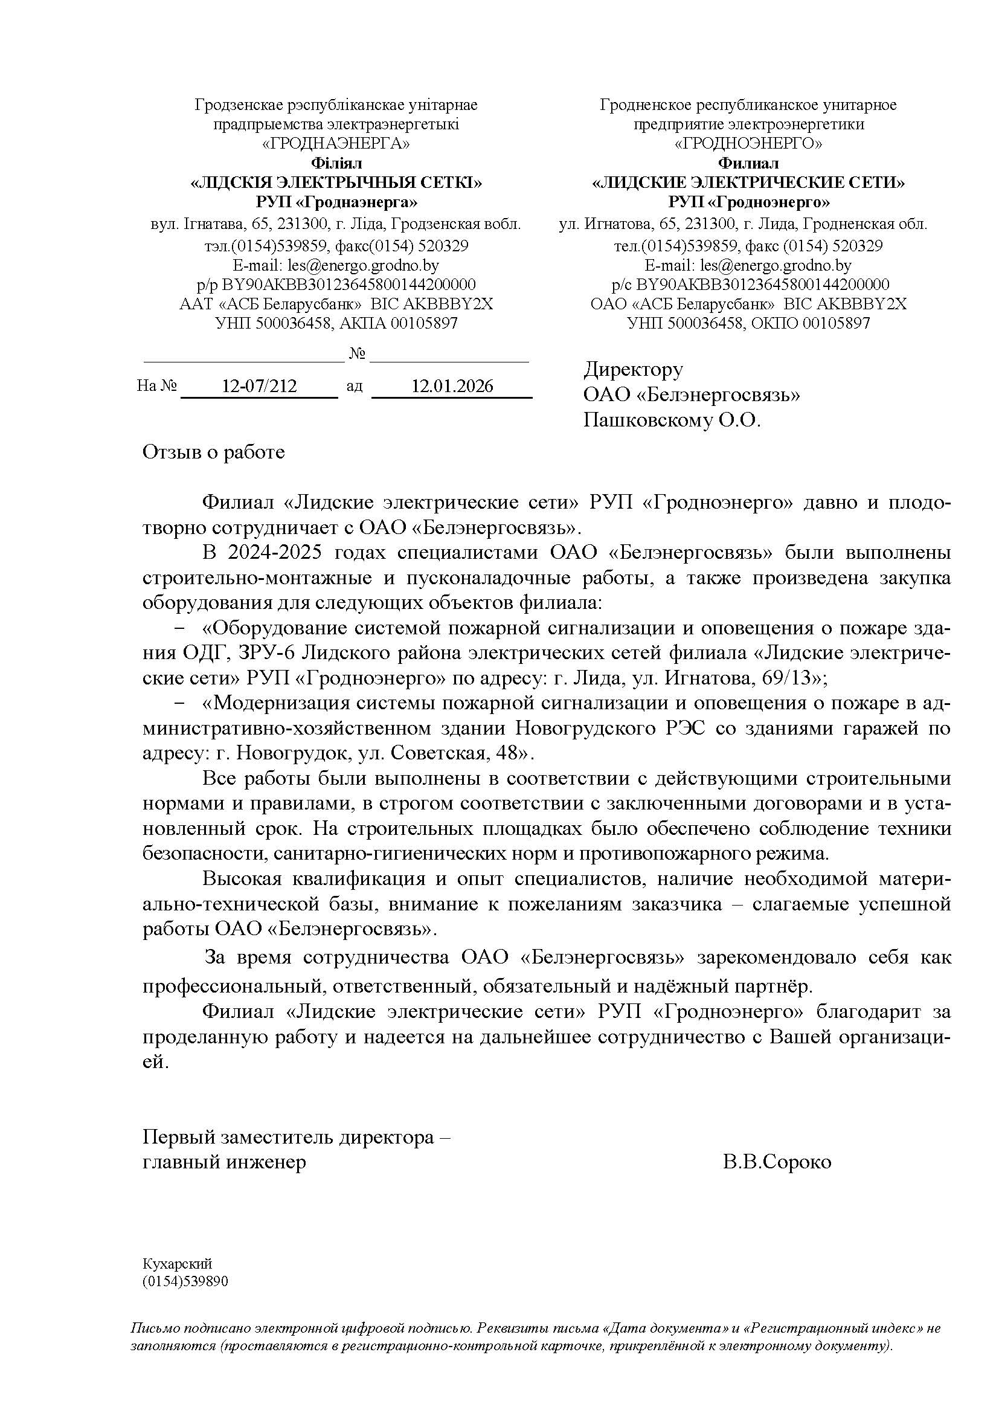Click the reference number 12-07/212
pyautogui.click(x=259, y=387)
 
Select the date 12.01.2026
pyautogui.click(x=452, y=387)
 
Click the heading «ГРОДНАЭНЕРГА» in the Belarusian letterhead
pyautogui.click(x=336, y=144)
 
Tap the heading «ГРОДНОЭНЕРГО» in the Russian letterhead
pyautogui.click(x=748, y=144)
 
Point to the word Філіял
pyautogui.click(x=336, y=164)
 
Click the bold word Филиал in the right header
pyautogui.click(x=748, y=164)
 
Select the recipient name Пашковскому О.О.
pyautogui.click(x=672, y=420)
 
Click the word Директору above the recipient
pyautogui.click(x=633, y=369)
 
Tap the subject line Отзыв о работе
pyautogui.click(x=213, y=452)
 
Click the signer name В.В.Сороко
pyautogui.click(x=777, y=1162)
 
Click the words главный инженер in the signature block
pyautogui.click(x=224, y=1162)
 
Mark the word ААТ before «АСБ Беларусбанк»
pyautogui.click(x=196, y=304)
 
